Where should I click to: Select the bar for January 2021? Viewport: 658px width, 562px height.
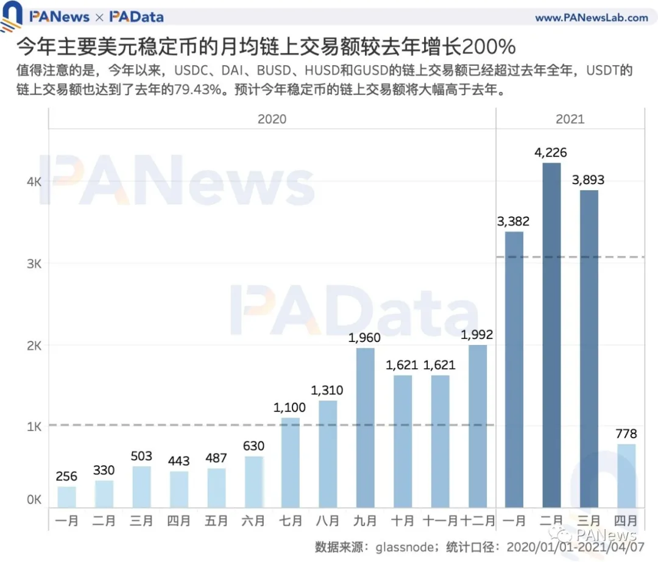[514, 369]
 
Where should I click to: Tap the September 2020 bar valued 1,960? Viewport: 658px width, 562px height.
[366, 427]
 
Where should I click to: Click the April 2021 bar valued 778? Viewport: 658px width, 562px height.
[627, 475]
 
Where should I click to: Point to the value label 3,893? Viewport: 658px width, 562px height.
[589, 180]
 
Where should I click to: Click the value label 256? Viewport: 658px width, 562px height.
[66, 477]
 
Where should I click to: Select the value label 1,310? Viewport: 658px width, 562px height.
[327, 390]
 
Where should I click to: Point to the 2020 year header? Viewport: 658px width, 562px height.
[272, 119]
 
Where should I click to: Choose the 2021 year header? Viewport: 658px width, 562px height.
[570, 119]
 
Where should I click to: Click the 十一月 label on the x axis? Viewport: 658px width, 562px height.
[440, 522]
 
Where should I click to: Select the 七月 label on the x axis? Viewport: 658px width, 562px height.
[291, 522]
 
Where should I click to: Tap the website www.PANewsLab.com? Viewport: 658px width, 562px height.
[592, 18]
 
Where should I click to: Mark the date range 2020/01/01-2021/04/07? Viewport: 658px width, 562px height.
[571, 546]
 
